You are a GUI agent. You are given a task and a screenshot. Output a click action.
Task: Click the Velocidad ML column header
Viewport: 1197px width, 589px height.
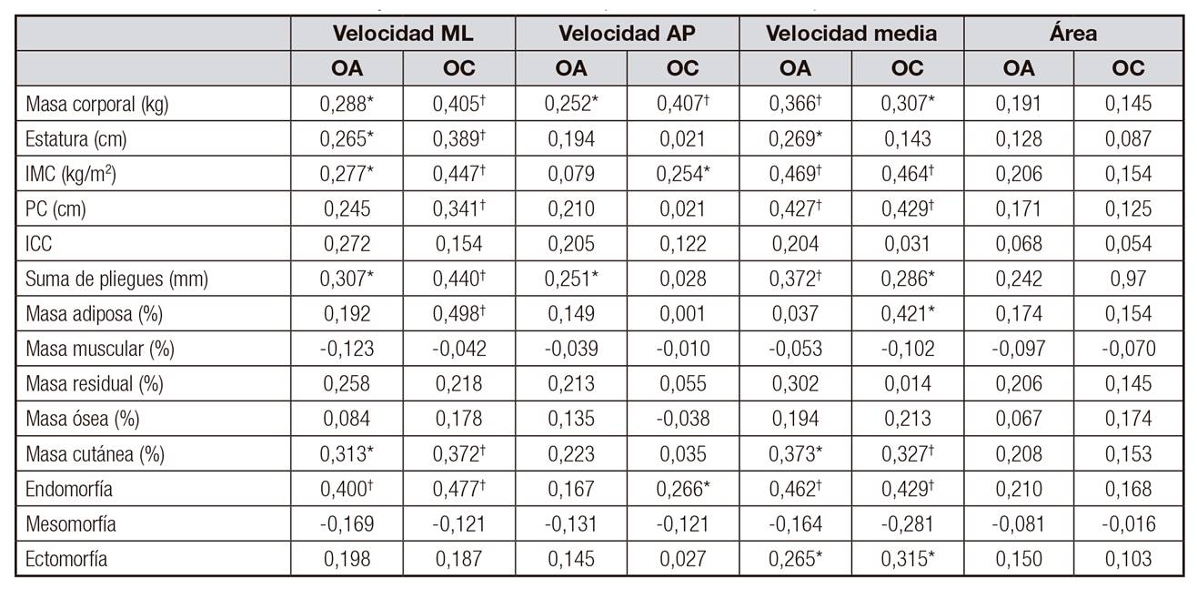[x=403, y=34]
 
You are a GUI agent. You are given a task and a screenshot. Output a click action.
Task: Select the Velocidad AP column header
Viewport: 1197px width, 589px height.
[x=627, y=34]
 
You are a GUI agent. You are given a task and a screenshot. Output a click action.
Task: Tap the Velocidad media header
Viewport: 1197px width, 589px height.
[x=851, y=34]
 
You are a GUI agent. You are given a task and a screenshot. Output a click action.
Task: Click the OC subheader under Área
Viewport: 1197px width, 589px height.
[x=1128, y=68]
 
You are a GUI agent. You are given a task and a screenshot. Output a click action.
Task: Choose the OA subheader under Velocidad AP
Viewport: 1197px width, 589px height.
[x=571, y=68]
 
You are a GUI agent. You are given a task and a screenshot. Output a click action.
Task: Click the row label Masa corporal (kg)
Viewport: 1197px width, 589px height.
[x=98, y=104]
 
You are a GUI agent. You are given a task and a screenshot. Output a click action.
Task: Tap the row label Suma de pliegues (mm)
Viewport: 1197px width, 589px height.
[x=117, y=279]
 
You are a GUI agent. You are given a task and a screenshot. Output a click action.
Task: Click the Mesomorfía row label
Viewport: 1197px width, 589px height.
[x=72, y=524]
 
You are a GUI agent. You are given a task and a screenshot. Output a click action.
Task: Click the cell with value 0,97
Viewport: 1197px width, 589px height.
[x=1128, y=279]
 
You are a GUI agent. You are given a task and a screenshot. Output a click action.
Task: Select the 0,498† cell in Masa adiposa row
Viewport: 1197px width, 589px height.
[x=458, y=314]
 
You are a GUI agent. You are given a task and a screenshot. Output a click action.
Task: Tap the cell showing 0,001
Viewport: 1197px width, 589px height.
[x=682, y=314]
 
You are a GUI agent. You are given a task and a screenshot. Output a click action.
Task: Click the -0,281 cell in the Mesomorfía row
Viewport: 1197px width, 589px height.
[x=907, y=524]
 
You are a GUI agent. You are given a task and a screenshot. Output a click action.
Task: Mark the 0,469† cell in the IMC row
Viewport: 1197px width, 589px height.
[x=795, y=174]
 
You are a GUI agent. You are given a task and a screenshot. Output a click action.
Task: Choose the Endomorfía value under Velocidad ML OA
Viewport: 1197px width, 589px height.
[x=347, y=490]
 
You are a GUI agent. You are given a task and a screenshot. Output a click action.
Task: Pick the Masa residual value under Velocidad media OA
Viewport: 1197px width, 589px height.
[x=795, y=384]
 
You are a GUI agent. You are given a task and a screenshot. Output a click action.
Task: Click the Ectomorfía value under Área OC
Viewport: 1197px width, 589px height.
[x=1128, y=559]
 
